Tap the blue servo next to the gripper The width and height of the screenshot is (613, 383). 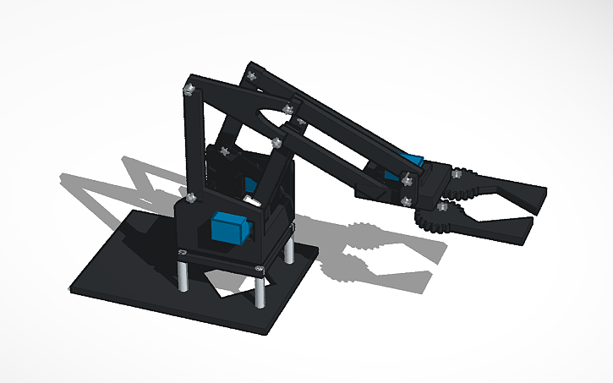click(x=413, y=161)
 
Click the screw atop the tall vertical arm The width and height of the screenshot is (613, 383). click(x=191, y=86)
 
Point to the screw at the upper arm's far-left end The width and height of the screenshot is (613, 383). click(x=251, y=75)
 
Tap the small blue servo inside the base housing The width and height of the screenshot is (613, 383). click(x=250, y=184)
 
